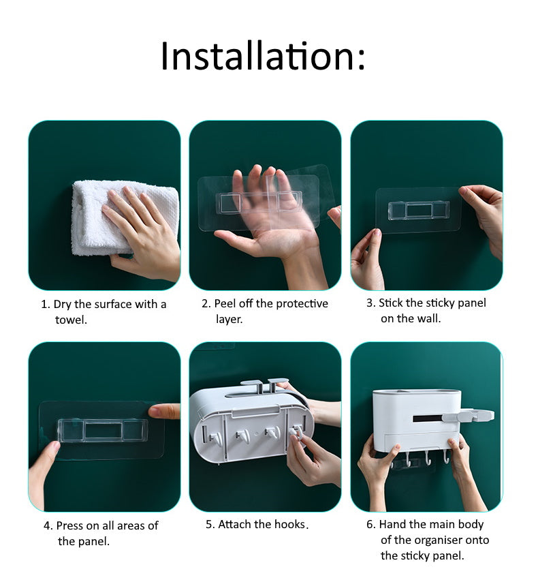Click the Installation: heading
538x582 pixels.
point(263,57)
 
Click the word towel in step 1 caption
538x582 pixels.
point(71,319)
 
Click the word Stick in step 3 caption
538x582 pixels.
point(391,303)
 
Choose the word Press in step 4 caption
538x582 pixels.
point(70,525)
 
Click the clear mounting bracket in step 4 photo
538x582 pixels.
point(102,430)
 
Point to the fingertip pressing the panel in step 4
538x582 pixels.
point(155,411)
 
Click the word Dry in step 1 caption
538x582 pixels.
point(62,304)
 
